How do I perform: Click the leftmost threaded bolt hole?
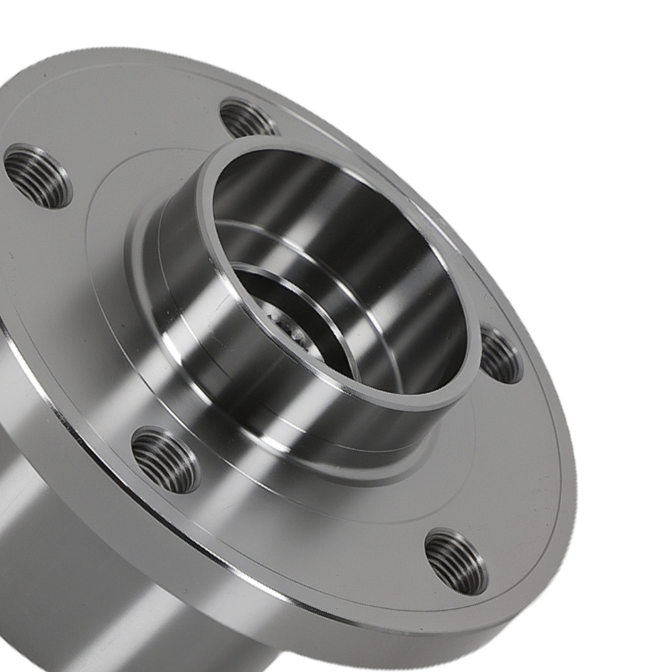38,177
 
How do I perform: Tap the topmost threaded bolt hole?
247,119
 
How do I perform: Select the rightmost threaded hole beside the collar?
500,355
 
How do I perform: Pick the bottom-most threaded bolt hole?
456,561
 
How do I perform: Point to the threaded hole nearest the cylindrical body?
165,460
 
